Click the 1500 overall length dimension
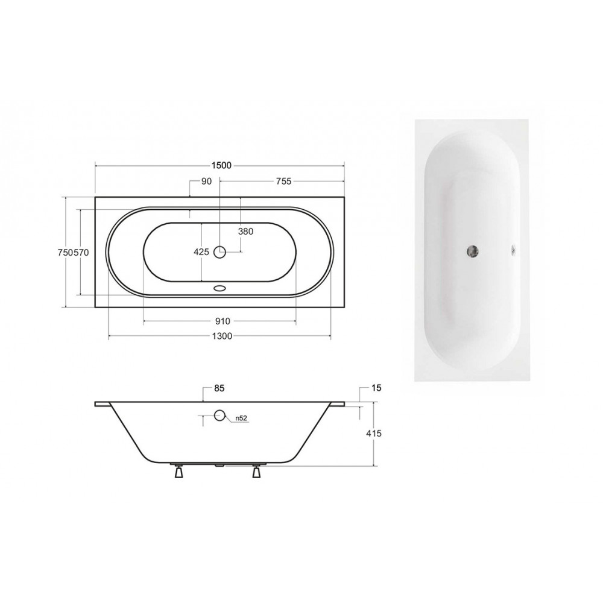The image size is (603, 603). [221, 165]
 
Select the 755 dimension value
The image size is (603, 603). [284, 181]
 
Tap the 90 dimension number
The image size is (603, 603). [206, 181]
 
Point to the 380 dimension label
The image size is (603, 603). [245, 232]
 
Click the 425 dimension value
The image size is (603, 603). [201, 252]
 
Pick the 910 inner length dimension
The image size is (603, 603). [223, 321]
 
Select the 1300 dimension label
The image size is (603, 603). [222, 336]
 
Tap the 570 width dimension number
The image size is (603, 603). [81, 253]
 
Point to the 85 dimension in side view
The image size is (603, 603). [219, 388]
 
